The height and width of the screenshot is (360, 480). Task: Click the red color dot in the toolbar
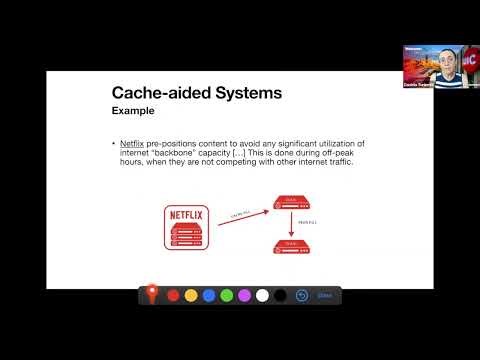[173, 295]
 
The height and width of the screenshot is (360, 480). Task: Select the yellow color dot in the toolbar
[191, 295]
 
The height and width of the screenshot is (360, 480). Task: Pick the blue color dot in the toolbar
[209, 295]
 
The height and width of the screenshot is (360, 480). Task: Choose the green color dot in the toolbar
[227, 295]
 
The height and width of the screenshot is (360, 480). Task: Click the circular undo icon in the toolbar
[302, 295]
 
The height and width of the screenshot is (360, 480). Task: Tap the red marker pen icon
[152, 294]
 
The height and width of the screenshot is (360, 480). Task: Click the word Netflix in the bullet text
[131, 145]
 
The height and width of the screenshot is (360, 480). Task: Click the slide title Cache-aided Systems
[195, 93]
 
